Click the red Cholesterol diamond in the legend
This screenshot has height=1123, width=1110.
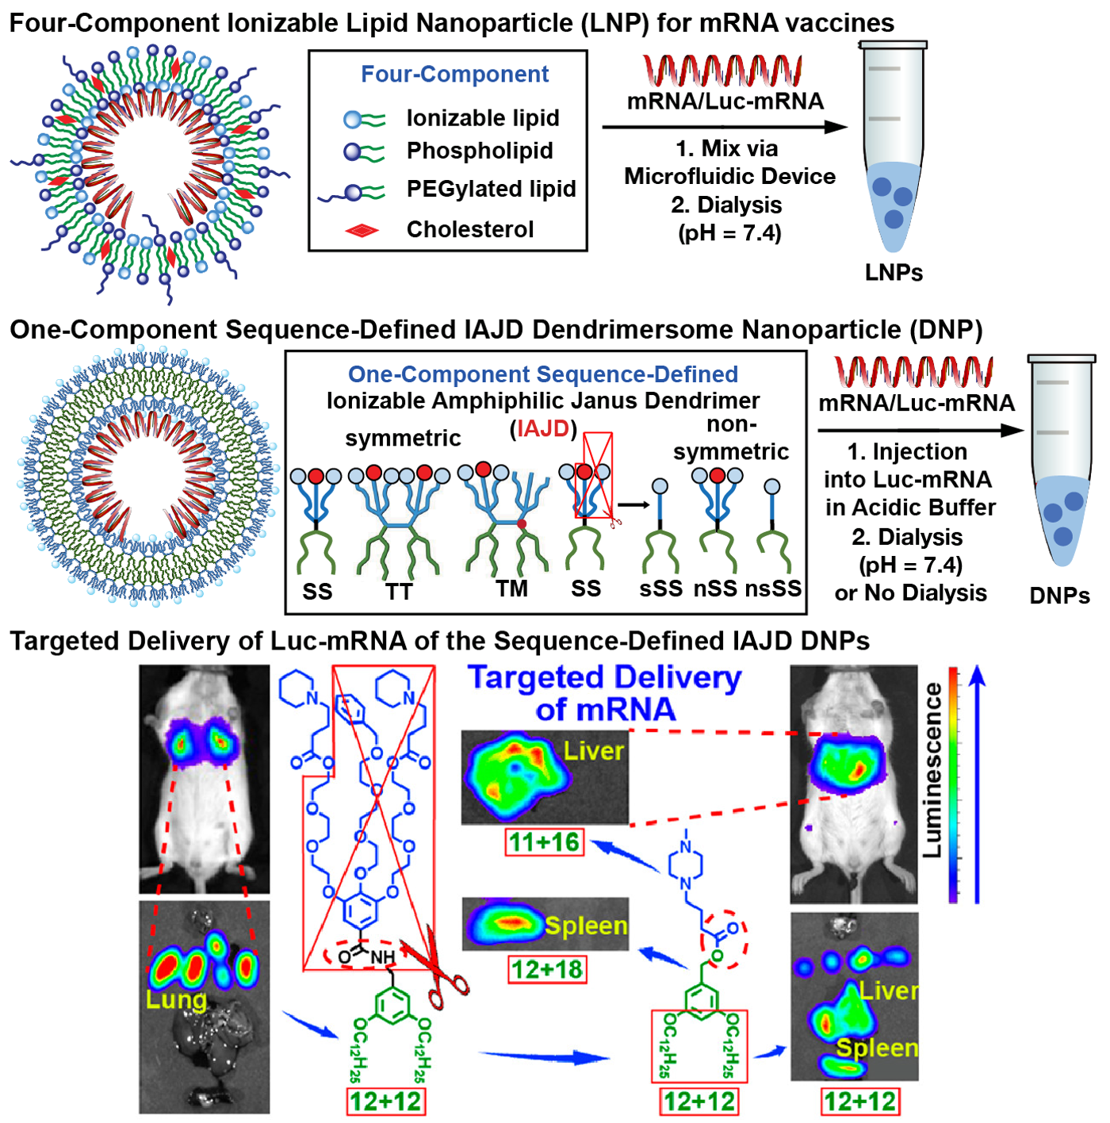point(362,230)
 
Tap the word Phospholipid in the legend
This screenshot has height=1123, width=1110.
point(480,151)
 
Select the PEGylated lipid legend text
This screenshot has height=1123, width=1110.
point(492,188)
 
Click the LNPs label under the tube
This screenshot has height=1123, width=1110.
point(894,272)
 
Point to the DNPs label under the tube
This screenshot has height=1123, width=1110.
point(1059,595)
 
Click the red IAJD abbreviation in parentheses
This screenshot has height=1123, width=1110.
point(543,428)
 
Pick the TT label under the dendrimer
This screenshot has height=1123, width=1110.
point(399,592)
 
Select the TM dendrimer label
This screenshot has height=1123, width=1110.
point(511,588)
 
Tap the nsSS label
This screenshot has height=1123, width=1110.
point(773,588)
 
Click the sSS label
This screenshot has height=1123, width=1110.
point(660,588)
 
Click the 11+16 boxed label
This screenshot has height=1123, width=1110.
point(544,841)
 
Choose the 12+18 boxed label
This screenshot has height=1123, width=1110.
point(546,968)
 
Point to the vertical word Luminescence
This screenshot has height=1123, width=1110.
point(932,770)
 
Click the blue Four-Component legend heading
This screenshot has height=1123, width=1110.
point(454,74)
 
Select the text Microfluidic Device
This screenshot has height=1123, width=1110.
point(729,176)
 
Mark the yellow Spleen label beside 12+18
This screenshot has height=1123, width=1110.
point(586,926)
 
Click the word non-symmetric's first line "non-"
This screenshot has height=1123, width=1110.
point(731,424)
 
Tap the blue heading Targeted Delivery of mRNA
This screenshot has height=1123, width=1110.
point(604,693)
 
